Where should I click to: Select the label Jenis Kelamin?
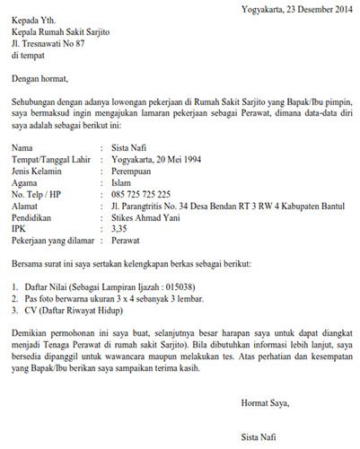[x=39, y=170]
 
